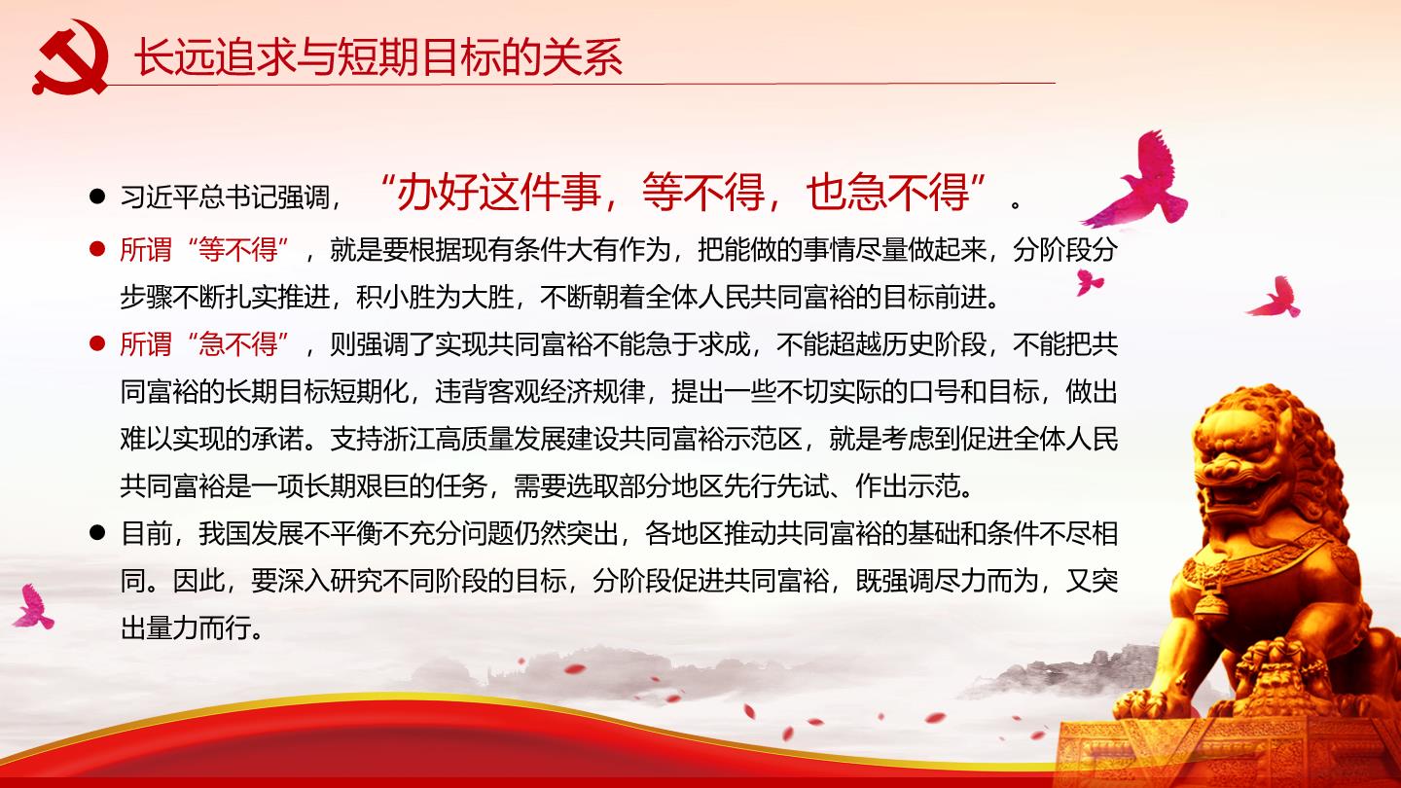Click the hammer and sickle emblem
70,56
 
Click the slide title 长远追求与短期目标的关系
378,56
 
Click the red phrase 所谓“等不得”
204,249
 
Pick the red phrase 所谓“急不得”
204,344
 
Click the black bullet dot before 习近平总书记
97,197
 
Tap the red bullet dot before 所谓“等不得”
97,249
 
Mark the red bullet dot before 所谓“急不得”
97,343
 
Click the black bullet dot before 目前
97,532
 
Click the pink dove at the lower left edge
32,607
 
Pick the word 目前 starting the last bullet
146,533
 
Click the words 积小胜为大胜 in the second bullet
435,297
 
